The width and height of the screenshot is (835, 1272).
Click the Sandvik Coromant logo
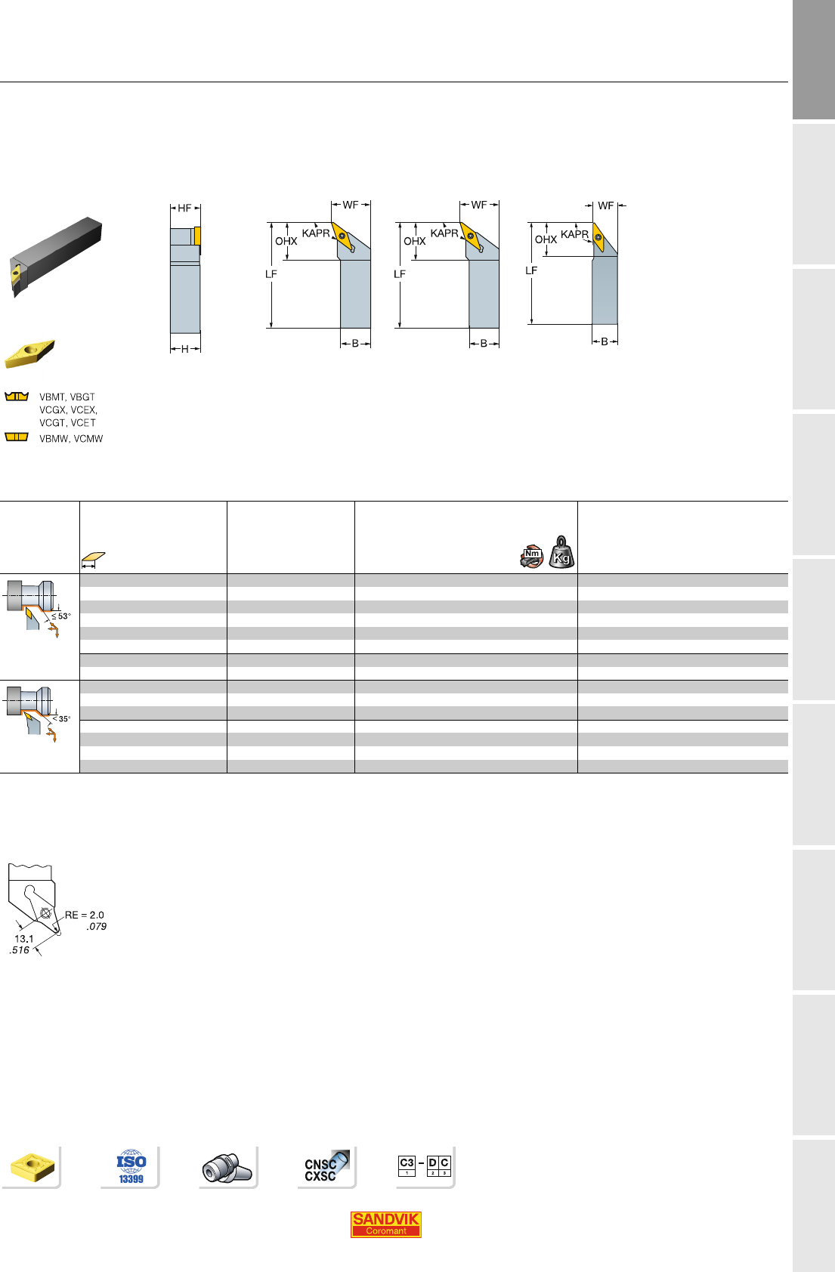tap(385, 1224)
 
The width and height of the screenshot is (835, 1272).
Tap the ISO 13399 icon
tap(131, 1166)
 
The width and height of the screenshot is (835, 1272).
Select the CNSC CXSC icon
tap(326, 1167)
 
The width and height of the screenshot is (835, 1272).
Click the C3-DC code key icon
tap(425, 1165)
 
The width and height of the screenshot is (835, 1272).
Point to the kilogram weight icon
tap(561, 552)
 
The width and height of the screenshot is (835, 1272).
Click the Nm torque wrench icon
tap(532, 557)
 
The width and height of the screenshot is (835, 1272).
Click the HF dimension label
tap(184, 208)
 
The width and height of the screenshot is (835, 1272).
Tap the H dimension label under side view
tap(184, 349)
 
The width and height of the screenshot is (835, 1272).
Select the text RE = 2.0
tap(84, 915)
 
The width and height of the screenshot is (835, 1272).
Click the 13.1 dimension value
tap(24, 939)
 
